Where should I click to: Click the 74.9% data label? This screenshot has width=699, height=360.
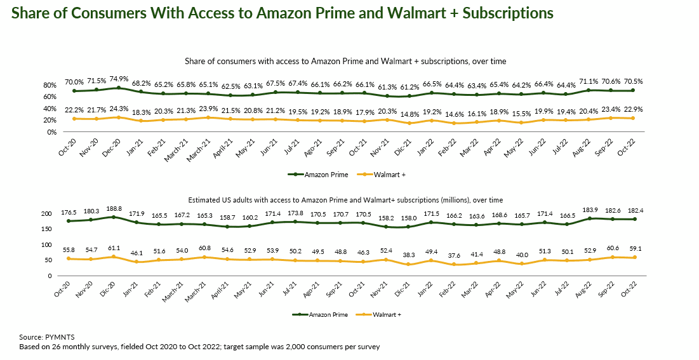(x=118, y=81)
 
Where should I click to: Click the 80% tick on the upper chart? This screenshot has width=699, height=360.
(x=50, y=85)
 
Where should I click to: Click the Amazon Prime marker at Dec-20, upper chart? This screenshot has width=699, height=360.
(x=119, y=88)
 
